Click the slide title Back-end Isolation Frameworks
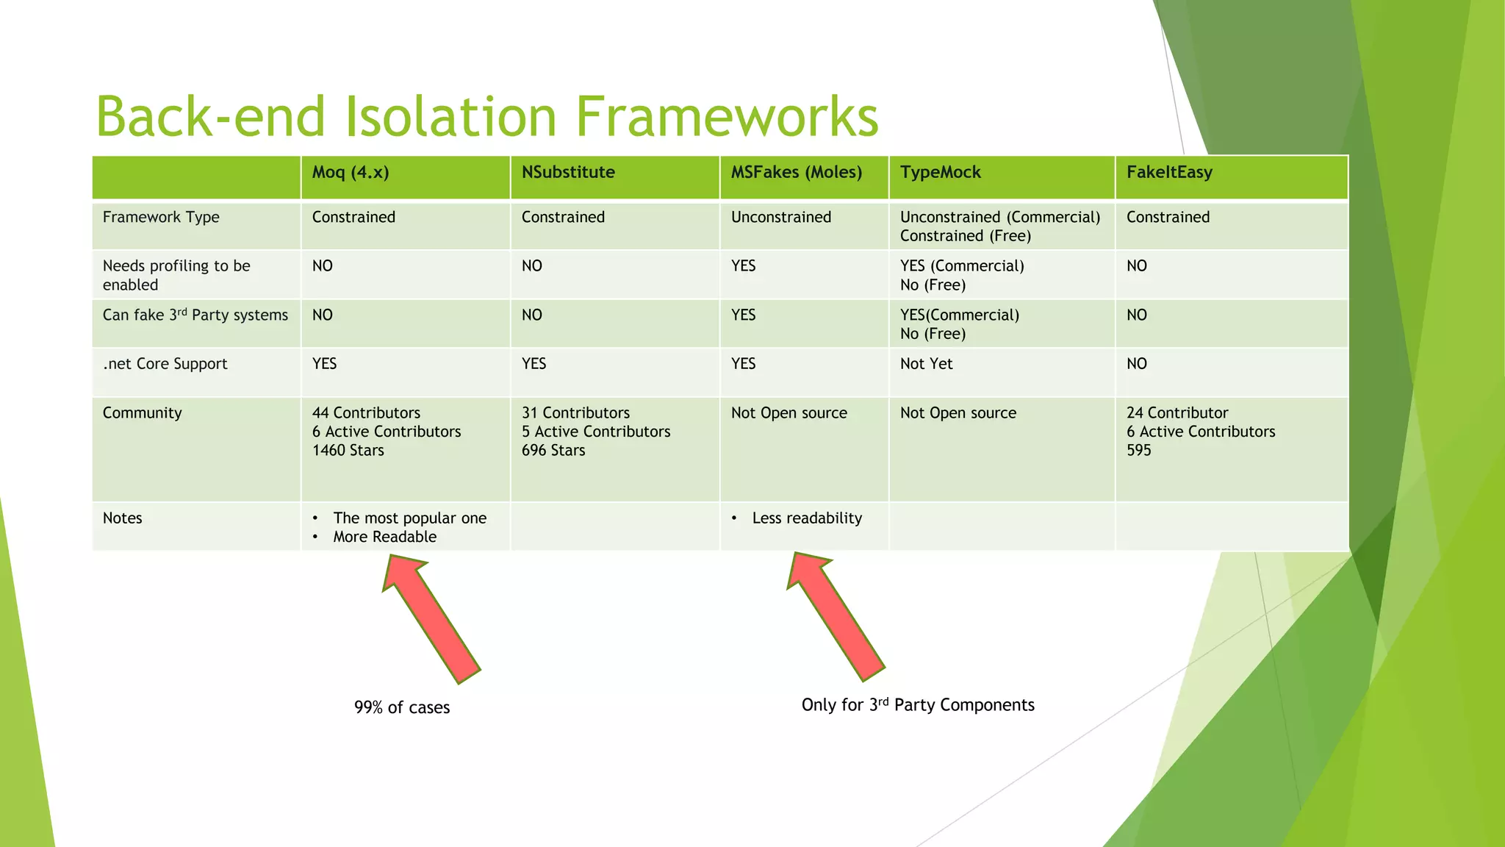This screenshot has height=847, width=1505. click(x=486, y=116)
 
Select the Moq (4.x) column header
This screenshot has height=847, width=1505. click(x=351, y=173)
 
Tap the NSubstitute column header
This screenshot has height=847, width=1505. click(x=568, y=173)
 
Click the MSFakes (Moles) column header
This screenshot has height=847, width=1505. click(x=796, y=173)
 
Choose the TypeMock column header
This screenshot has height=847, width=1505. click(x=940, y=173)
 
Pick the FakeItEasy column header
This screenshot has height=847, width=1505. click(x=1169, y=173)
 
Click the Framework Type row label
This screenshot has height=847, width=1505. click(x=161, y=218)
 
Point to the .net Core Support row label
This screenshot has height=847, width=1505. click(x=165, y=364)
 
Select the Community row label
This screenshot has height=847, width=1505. click(x=142, y=413)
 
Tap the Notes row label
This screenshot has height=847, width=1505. click(x=122, y=518)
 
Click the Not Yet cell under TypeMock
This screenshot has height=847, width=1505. click(x=926, y=364)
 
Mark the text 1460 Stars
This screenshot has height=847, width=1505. click(x=348, y=451)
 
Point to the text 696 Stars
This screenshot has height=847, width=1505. click(x=553, y=451)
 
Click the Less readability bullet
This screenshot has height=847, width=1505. click(x=807, y=518)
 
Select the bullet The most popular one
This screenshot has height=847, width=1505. click(x=409, y=518)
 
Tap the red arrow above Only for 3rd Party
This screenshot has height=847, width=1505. click(x=836, y=616)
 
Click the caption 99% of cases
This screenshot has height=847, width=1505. click(x=402, y=707)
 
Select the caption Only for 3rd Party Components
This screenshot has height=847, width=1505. click(x=918, y=705)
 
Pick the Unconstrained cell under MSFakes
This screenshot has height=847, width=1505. click(x=781, y=218)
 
